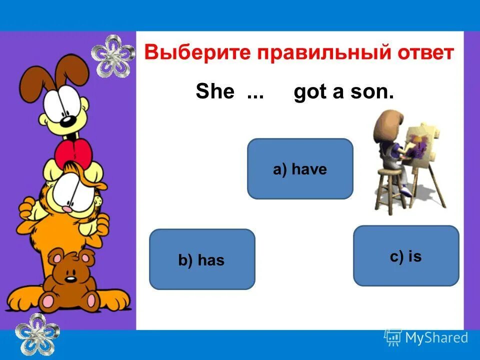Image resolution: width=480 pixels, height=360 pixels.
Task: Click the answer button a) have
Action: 300,169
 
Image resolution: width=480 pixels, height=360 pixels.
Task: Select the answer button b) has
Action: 202,259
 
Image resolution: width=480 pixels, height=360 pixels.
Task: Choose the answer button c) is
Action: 406,256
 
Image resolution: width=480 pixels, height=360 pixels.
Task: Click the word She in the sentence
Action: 214,92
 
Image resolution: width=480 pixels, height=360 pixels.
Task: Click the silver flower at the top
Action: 113,56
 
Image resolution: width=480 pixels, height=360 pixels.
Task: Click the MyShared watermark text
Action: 436,338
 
